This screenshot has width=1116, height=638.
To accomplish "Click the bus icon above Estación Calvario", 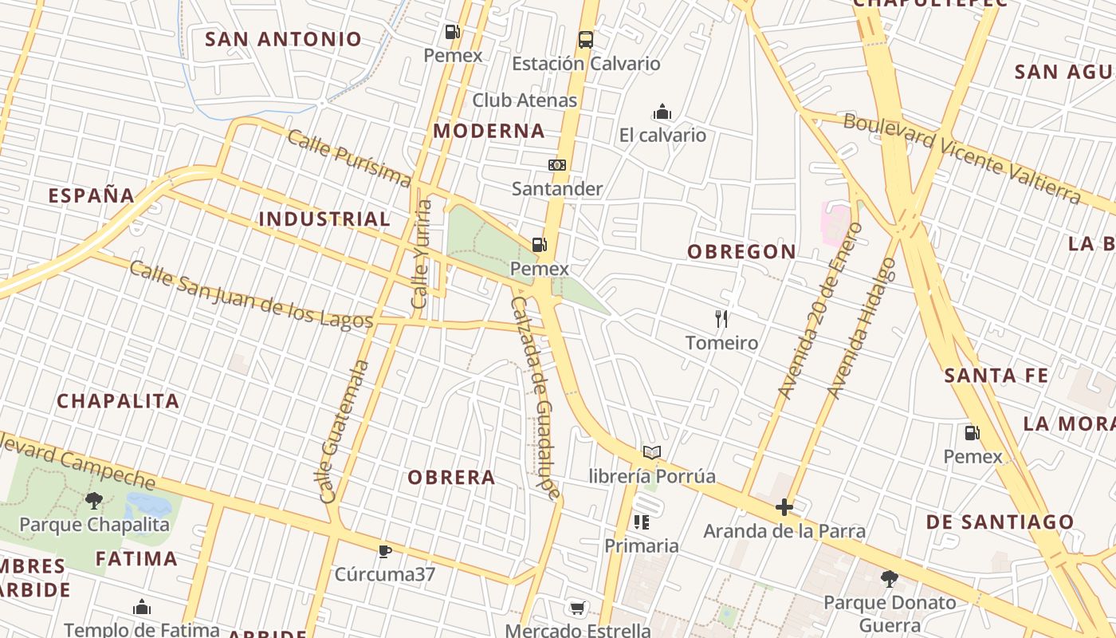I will pos(585,39).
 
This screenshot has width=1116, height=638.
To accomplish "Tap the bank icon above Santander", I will pos(557,165).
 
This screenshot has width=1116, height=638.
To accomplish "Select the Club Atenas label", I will pos(525,100).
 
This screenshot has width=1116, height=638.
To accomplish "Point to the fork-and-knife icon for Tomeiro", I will pos(721,319).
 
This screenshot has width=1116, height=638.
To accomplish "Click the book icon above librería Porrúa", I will pos(652,453).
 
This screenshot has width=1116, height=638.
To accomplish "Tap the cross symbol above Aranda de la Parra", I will pos(784,507).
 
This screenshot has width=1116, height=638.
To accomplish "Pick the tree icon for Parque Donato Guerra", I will pos(890,578).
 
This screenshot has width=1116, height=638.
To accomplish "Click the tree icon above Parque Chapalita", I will pos(94,501).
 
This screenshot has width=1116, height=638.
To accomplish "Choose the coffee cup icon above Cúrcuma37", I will pos(385,551).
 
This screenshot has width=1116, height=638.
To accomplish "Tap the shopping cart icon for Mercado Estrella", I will pos(578,608).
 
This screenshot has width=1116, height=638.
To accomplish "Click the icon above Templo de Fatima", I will pos(142,607).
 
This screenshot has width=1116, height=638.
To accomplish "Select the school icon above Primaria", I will pos(642,522).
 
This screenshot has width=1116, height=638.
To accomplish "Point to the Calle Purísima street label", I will pos(348,157).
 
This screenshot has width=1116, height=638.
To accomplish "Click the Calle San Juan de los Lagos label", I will pos(251,294).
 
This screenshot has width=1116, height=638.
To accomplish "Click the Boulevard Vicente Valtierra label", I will pos(961,158).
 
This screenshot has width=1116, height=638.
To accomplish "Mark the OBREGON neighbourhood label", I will pos(742,252).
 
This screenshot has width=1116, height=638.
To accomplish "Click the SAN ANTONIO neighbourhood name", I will pos(284,39).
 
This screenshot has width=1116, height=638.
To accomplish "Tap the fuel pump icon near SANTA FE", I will pos(973,433).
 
